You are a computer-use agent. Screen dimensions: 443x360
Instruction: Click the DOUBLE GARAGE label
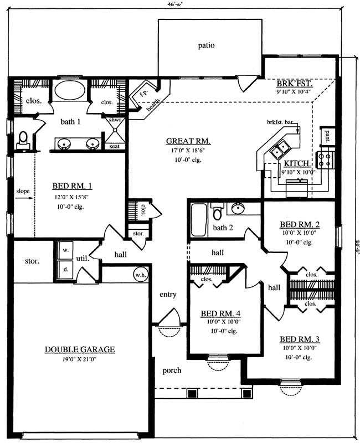pos(80,349)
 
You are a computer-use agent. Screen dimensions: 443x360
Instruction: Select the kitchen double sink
pos(279,148)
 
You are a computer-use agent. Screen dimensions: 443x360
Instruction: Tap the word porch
pos(172,370)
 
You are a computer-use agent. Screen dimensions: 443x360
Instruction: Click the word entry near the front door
pos(167,295)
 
